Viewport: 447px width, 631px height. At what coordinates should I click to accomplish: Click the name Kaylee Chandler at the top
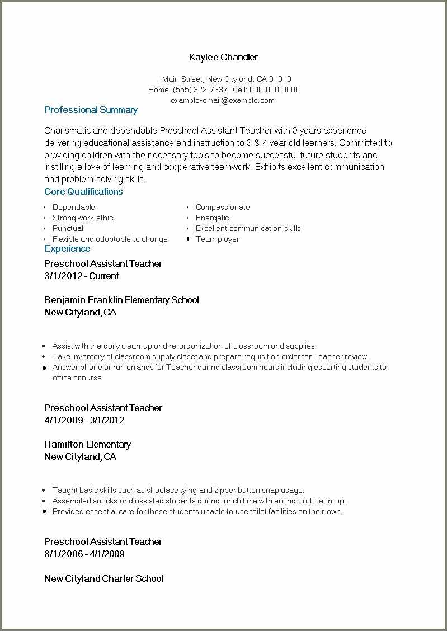tap(223, 58)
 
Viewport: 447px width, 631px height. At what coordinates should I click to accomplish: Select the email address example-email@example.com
tap(223, 100)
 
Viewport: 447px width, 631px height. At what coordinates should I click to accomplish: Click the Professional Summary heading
tap(91, 110)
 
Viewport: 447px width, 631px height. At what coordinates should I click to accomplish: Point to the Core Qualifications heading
tap(83, 192)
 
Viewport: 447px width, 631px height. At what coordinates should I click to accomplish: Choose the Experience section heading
tap(67, 249)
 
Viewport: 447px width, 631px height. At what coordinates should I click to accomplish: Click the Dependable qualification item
tap(73, 207)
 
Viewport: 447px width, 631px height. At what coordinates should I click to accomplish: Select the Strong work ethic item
tap(82, 218)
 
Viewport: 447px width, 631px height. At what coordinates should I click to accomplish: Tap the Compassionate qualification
tap(222, 207)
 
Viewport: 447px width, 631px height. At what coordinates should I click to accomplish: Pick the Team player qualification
tap(217, 239)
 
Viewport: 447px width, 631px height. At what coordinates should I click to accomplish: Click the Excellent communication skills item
tap(248, 228)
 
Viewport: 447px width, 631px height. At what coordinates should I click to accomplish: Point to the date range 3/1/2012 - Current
tap(82, 276)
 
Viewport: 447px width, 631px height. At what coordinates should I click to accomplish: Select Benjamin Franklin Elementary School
tap(121, 300)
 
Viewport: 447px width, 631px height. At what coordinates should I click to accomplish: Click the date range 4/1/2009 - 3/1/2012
tap(84, 420)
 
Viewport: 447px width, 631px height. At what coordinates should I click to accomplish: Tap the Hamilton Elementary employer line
tap(87, 444)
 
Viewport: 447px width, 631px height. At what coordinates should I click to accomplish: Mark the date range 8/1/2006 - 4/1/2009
tap(84, 554)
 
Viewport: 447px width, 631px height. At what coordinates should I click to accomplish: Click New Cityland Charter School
tap(103, 578)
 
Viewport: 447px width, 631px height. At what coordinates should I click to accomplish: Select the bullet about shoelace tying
tap(178, 490)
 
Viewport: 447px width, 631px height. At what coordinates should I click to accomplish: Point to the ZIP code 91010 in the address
tap(280, 79)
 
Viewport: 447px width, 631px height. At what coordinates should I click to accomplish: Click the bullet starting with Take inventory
tap(210, 356)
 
